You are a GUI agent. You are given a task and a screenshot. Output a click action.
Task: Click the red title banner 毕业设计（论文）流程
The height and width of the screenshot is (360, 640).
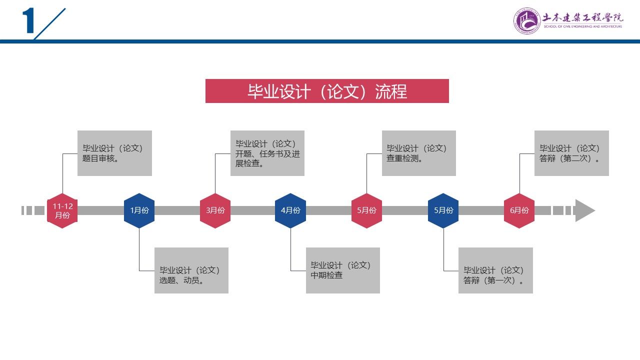point(327,91)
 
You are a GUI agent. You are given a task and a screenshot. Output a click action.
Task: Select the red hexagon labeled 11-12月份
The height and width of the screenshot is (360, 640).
point(62,210)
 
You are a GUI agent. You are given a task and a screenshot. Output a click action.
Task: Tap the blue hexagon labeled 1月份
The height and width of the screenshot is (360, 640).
point(139,210)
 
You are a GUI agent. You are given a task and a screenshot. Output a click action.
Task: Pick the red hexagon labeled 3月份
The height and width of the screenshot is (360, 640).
point(215,210)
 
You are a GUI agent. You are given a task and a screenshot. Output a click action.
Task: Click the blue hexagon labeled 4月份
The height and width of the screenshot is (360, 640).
point(290,210)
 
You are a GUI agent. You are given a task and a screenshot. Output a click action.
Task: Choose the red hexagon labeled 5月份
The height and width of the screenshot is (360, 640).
point(366,210)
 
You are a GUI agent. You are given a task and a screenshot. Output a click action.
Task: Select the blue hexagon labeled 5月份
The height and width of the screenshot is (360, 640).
point(443,210)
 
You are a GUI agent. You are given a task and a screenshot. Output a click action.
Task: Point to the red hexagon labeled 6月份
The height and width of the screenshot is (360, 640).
point(519,210)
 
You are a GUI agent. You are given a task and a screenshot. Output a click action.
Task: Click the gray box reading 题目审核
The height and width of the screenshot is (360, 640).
point(114,153)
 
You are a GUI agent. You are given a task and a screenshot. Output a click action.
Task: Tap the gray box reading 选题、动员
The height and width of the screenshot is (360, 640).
point(191,270)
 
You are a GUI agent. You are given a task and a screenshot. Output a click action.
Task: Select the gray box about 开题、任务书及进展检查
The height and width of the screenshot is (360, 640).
point(267,153)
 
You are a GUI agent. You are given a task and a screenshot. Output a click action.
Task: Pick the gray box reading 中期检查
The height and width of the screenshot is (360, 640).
point(343,270)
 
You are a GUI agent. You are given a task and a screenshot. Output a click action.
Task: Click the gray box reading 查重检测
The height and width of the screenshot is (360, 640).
point(419,153)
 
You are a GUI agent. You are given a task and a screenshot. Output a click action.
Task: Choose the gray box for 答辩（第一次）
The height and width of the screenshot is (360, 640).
point(495,270)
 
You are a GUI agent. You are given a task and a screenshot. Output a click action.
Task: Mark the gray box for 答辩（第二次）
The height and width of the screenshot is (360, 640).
point(571,153)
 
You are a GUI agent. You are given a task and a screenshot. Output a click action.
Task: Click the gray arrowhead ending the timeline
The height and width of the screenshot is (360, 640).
point(584,210)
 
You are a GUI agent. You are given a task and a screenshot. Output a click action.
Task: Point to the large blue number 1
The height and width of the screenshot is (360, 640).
point(28,22)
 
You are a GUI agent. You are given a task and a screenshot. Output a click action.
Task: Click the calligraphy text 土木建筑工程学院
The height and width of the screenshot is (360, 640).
point(583,17)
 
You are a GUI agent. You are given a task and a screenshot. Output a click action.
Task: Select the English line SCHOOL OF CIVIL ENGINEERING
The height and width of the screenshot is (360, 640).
point(583,26)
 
